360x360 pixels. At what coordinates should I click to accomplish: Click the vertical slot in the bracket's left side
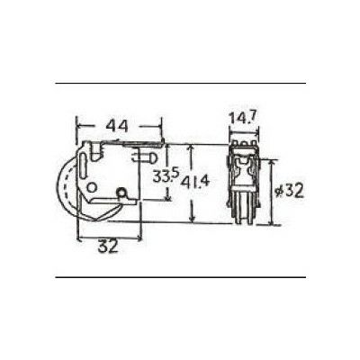(x=87, y=166)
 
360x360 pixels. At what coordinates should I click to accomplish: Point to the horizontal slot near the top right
(x=144, y=154)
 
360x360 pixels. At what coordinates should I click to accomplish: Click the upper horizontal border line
(x=180, y=84)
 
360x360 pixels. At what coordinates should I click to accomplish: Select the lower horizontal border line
(x=180, y=277)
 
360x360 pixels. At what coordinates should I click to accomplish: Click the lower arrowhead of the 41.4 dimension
(x=193, y=220)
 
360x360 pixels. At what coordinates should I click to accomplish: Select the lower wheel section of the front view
(x=241, y=211)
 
